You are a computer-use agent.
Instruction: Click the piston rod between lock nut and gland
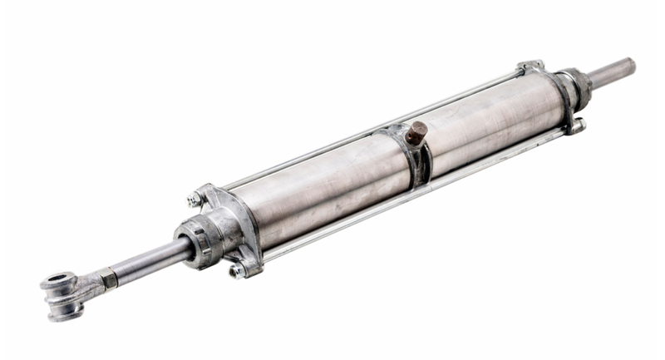coord(145,262)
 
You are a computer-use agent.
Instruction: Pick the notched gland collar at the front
coord(196,241)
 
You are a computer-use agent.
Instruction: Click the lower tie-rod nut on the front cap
coord(237,270)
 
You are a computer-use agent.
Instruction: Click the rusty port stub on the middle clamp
coord(416,132)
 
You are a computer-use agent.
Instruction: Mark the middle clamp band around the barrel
coord(416,158)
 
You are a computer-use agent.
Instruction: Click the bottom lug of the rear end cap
coord(576,126)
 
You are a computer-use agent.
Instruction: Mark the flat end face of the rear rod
coord(631,64)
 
